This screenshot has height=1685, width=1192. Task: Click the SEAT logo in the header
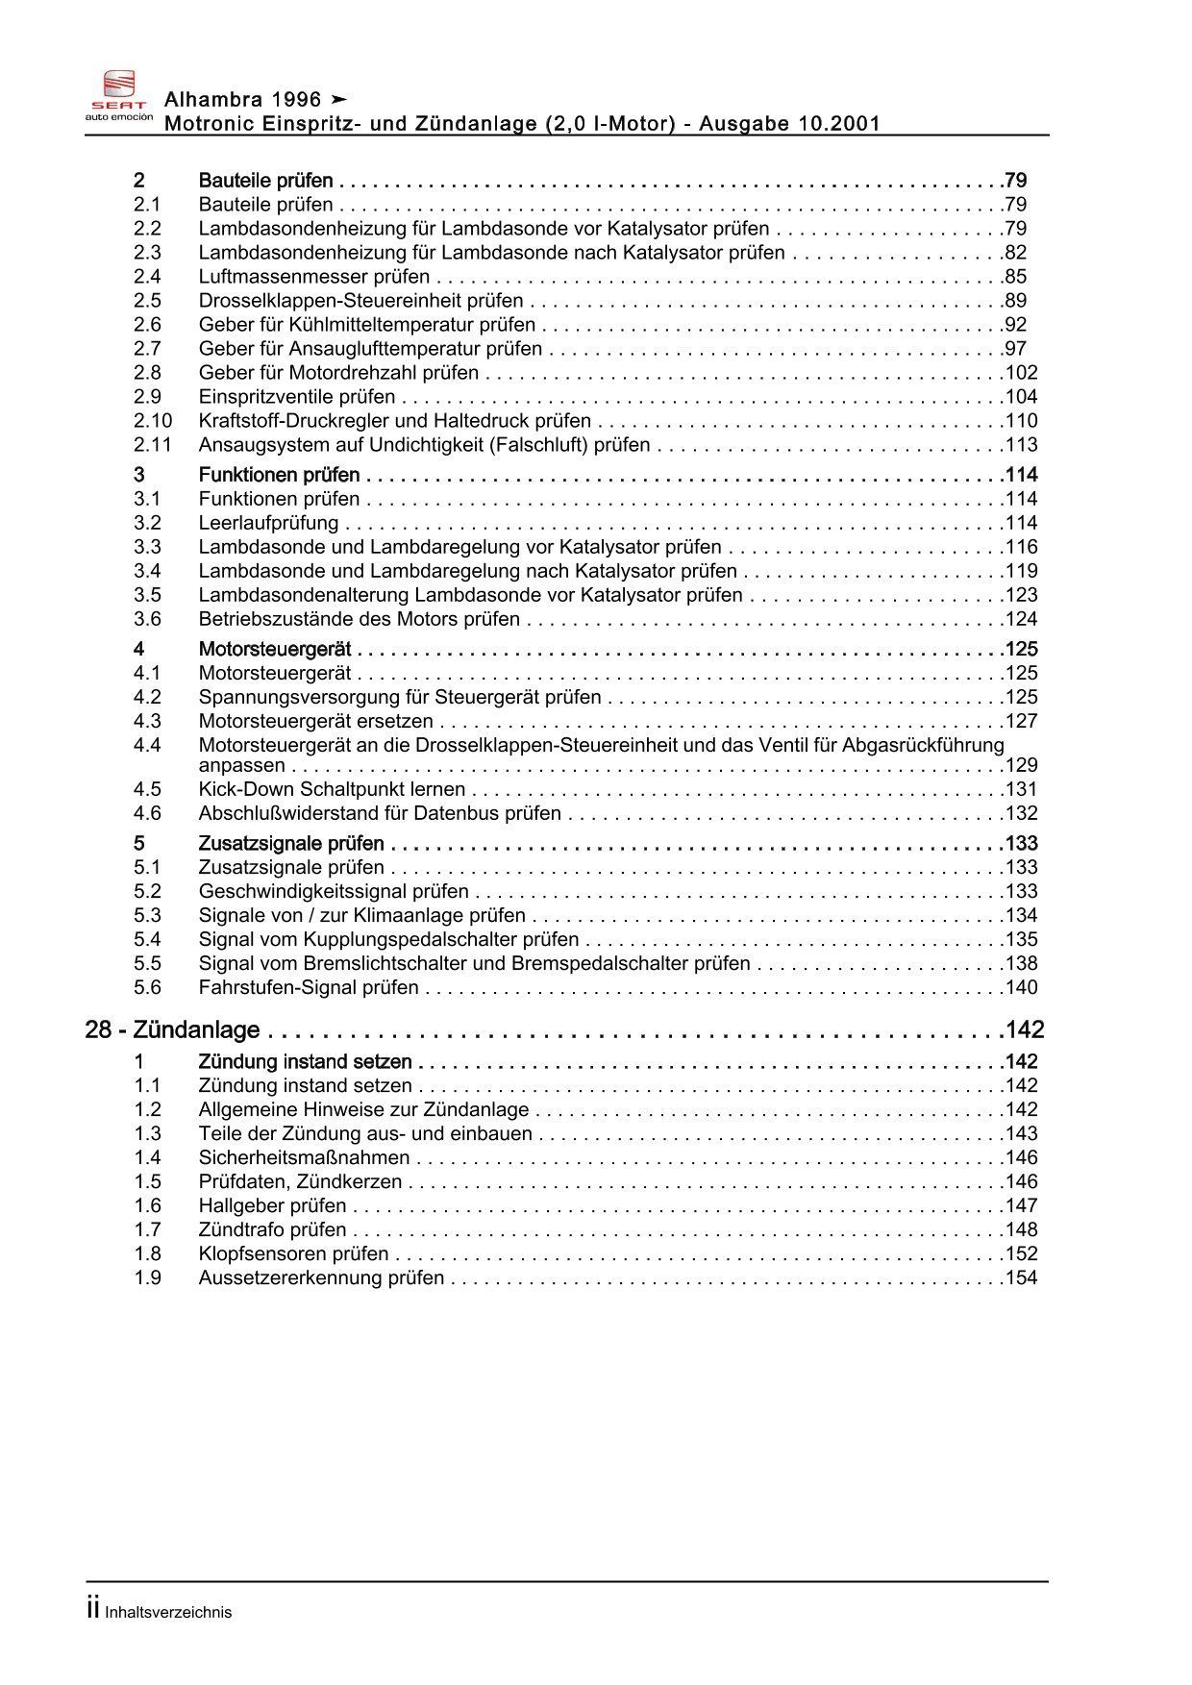point(119,96)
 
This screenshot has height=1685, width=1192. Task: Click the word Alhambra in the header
point(211,99)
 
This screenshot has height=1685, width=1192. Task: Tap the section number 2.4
point(147,277)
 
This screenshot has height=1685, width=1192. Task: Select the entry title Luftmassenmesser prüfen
point(313,277)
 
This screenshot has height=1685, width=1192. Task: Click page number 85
point(1016,277)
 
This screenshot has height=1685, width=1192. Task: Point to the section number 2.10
point(152,421)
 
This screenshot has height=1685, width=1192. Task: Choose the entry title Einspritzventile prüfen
point(296,397)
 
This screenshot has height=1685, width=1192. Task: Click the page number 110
point(1021,421)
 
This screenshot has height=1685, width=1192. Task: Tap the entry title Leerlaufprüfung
point(268,523)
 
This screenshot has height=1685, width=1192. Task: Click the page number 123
point(1021,595)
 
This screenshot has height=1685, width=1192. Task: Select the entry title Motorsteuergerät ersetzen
point(315,721)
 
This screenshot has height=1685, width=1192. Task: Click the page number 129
point(1021,765)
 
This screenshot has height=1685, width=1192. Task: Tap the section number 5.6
point(147,987)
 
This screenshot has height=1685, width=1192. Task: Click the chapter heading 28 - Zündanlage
point(173,1029)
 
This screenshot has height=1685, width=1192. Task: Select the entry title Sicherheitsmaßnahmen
point(304,1157)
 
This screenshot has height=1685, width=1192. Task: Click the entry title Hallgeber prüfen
point(272,1205)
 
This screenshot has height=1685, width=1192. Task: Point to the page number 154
point(1021,1277)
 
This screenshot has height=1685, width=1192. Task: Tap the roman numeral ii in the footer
point(93,1609)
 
